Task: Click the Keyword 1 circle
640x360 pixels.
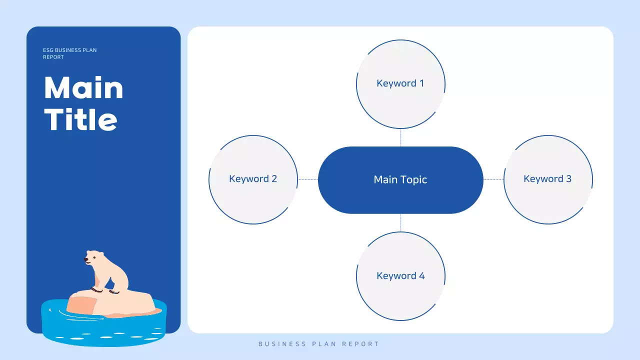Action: pos(400,84)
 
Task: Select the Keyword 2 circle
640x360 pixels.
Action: pos(253,179)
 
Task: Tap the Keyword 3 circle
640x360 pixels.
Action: pos(548,179)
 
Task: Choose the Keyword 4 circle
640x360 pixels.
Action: pos(400,276)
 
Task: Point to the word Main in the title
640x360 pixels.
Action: pos(83,88)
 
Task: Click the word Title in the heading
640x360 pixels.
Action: pos(81,120)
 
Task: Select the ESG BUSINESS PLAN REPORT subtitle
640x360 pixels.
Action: pos(69,53)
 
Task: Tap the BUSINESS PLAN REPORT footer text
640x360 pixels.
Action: pos(319,344)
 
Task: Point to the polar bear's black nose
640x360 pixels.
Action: pos(86,260)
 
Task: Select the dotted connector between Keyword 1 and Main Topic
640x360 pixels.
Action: pos(400,137)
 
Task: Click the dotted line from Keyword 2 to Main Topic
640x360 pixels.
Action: pos(308,179)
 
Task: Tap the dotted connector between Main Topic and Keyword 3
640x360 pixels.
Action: pos(493,179)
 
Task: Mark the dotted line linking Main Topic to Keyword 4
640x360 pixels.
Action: pos(400,222)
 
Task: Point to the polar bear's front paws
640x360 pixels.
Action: pos(105,291)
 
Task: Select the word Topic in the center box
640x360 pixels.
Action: pos(413,179)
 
